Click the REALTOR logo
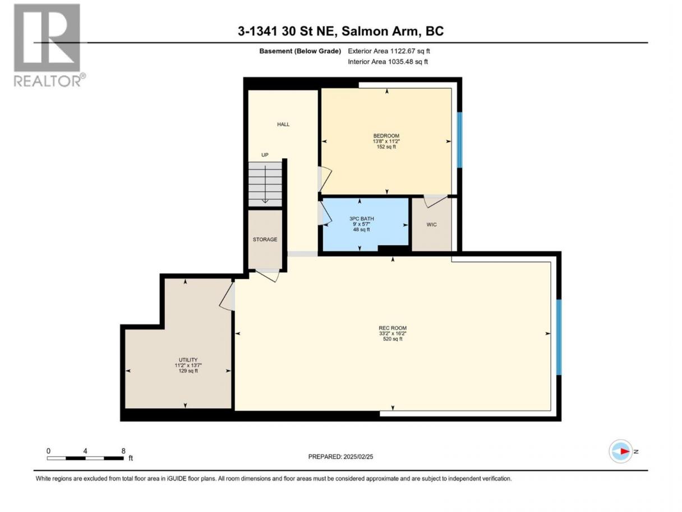coord(49,45)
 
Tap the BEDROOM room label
coord(386,135)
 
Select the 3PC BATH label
coord(361,218)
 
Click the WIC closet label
coord(431,225)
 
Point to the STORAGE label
coord(265,239)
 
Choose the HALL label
coord(283,124)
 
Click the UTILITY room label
coord(188,360)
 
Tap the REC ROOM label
coord(393,328)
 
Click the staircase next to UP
coord(265,184)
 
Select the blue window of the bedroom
coord(459,140)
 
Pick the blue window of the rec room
coord(559,337)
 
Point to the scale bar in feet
coord(85,458)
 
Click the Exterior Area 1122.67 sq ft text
coord(389,51)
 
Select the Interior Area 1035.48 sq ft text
coord(388,62)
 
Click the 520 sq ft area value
coord(393,339)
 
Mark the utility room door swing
coord(227,296)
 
